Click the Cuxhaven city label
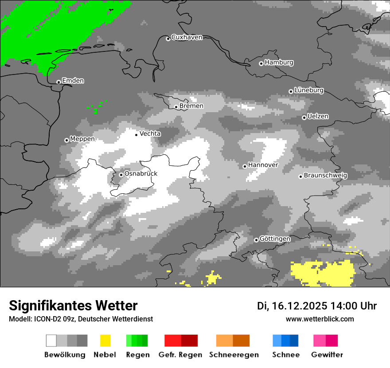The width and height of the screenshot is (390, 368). pos(187,37)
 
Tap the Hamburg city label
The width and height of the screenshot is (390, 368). pos(279,63)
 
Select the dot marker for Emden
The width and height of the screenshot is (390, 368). pos(58,82)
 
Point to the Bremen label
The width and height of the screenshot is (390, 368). pos(191,106)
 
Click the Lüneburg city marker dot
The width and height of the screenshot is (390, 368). pos(291,91)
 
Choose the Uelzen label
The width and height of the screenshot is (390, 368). pos(318,117)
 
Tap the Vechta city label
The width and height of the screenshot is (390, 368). pos(150,133)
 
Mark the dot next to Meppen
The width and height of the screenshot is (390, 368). pos(66,140)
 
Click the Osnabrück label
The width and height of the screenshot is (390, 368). pos(141,174)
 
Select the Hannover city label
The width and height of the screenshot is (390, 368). pos(263,165)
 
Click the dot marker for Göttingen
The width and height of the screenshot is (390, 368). pos(256,240)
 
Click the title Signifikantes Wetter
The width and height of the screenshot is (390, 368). pos(73,305)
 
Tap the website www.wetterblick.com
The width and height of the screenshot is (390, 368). pos(320,319)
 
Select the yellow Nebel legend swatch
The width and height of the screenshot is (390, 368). pos(105,341)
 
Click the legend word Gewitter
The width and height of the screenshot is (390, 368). pos(327,355)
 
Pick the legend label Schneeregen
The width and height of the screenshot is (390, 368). pos(234,355)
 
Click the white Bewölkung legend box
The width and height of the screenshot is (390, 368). pos(51,341)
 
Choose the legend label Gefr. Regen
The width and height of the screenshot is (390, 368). pos(180,355)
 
